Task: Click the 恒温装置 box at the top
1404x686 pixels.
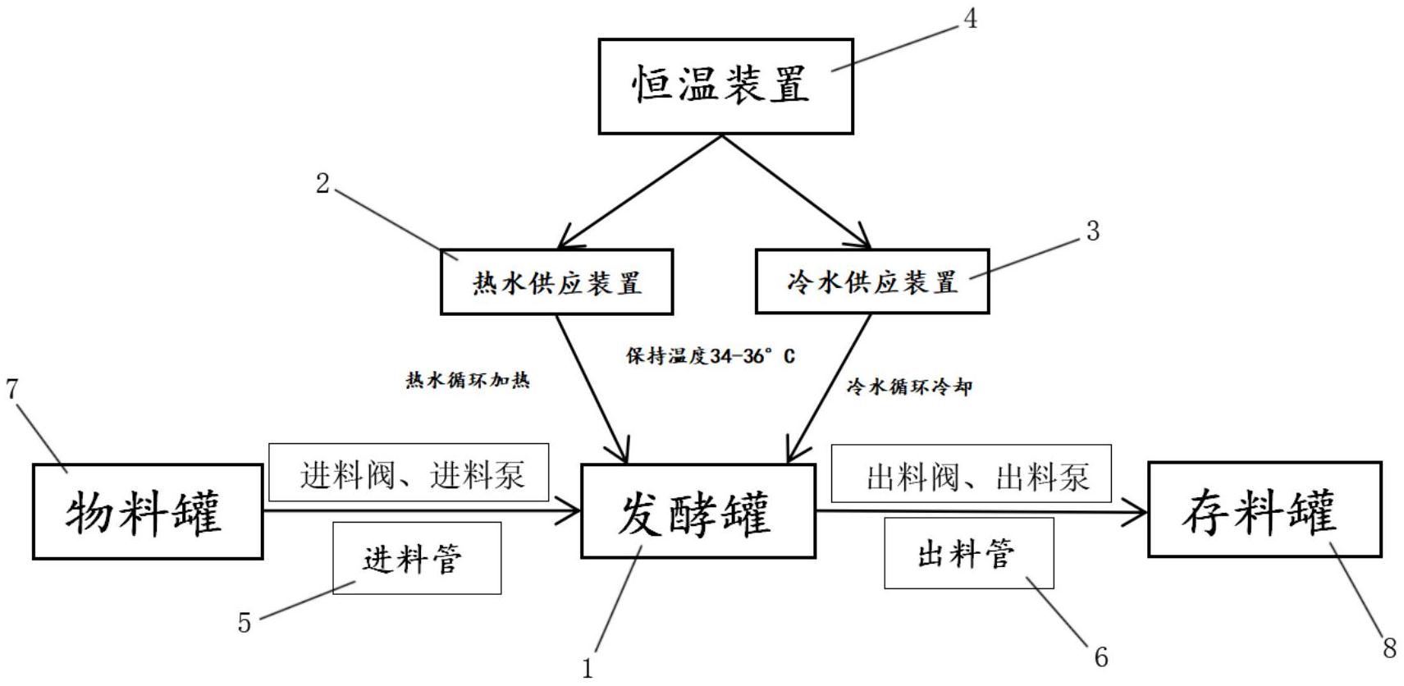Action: [726, 86]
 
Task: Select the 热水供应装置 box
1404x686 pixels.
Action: [557, 281]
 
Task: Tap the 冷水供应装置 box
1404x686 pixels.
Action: [872, 281]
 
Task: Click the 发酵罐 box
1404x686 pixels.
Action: [698, 511]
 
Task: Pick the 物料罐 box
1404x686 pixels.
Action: [148, 512]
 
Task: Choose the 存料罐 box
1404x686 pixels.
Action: [1265, 510]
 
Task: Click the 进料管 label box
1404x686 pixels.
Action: [417, 558]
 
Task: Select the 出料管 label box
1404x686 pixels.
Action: [969, 553]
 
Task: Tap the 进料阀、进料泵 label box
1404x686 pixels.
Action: [409, 473]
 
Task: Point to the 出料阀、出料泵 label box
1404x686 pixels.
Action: [972, 473]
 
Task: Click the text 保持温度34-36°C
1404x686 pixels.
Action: [710, 356]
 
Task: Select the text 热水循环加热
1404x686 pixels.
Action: [468, 380]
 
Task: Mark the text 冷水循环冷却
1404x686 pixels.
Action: [909, 386]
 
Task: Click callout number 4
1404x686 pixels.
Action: [970, 19]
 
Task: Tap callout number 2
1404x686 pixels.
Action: [322, 184]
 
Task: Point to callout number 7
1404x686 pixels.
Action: [12, 389]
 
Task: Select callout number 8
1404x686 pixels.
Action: [1389, 648]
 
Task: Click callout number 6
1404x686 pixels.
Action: [1101, 657]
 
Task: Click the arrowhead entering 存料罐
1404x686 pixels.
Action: [1135, 512]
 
